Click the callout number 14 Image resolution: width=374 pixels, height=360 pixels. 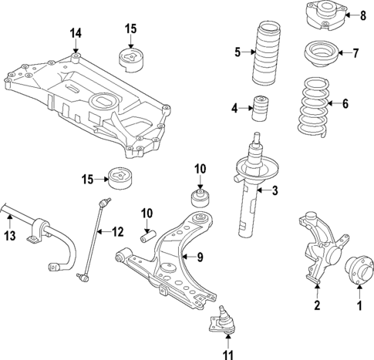(x=75, y=33)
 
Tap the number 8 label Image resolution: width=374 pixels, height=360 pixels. (x=365, y=15)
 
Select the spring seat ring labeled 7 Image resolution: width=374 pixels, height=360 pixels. (x=320, y=56)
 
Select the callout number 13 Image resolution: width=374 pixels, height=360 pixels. (x=10, y=236)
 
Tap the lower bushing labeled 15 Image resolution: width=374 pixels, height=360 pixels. (x=120, y=177)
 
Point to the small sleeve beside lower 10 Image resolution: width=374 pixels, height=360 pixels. (x=148, y=233)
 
